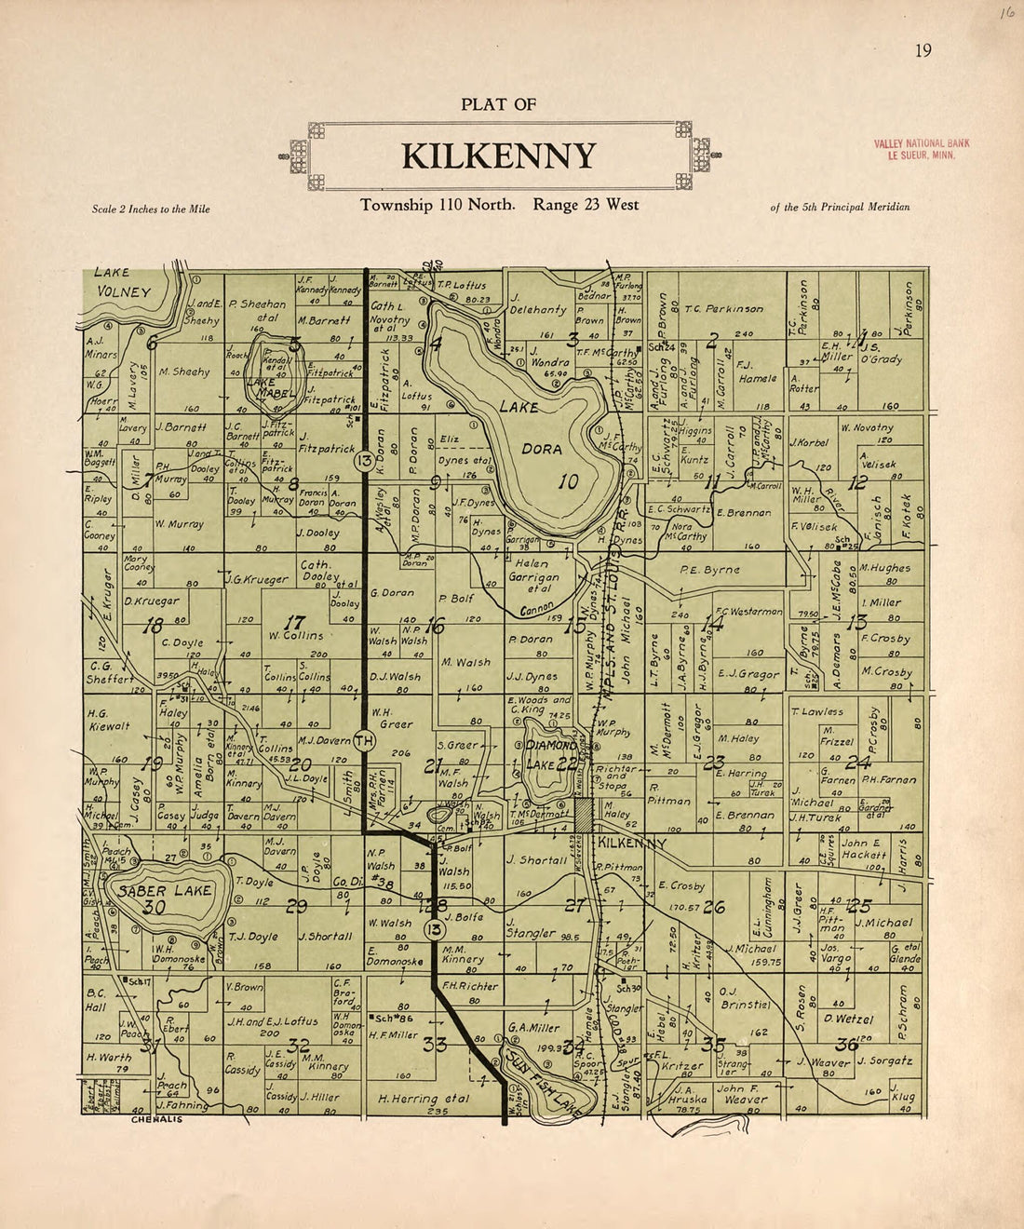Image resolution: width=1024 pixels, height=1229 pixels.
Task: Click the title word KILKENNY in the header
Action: click(499, 156)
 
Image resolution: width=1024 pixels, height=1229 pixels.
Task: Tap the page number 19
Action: click(923, 50)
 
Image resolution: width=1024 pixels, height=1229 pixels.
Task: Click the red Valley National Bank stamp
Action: click(921, 149)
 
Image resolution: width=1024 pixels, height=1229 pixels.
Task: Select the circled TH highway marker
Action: click(364, 740)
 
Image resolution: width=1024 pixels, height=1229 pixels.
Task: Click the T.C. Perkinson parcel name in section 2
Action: click(723, 309)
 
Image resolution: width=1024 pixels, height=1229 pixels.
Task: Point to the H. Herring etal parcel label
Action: click(424, 1099)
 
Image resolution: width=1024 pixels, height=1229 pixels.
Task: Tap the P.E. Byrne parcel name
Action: click(709, 569)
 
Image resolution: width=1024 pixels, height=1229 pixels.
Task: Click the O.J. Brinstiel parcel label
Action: click(745, 997)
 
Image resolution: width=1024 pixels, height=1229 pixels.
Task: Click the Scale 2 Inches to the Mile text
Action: click(151, 209)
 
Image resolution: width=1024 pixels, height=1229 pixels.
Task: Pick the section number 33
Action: click(435, 1045)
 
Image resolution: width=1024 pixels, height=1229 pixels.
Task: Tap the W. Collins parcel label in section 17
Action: click(296, 636)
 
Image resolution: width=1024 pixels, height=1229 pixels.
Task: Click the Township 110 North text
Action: click(437, 205)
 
